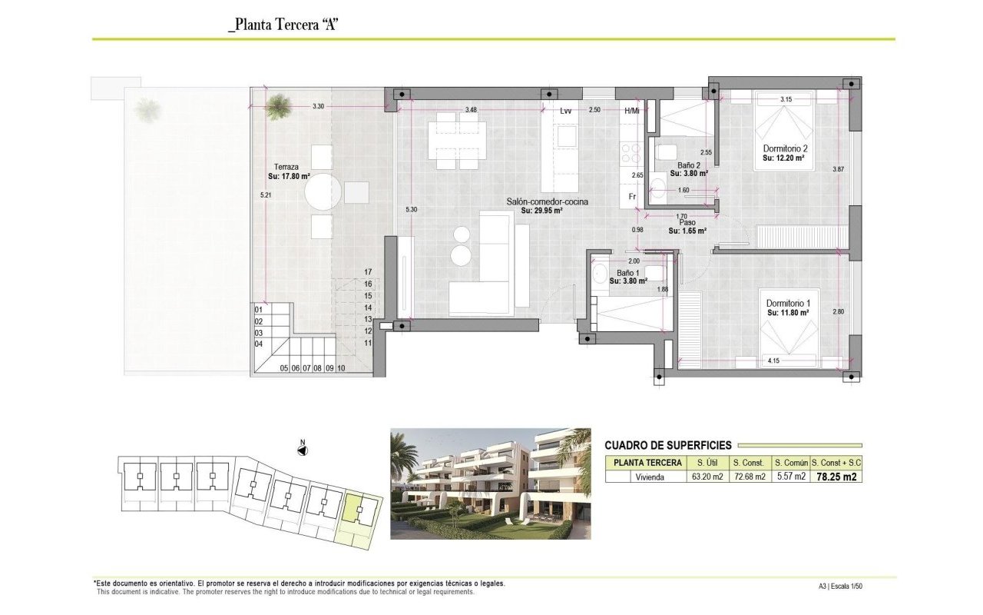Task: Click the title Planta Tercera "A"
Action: tap(283, 25)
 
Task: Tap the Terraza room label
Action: tap(286, 167)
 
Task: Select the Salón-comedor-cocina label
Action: tap(548, 202)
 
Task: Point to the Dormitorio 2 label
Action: tap(785, 149)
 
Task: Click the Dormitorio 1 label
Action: tap(788, 304)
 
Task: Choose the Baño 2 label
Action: tap(689, 165)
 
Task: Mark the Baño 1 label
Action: tap(628, 273)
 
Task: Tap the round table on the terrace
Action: tap(323, 192)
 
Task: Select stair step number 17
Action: tap(368, 272)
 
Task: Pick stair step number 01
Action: tap(259, 310)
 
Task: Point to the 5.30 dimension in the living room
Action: tap(411, 210)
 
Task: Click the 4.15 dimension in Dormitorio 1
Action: tap(773, 361)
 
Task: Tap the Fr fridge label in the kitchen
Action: tap(632, 197)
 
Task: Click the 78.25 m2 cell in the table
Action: tap(836, 477)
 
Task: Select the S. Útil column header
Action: tap(707, 463)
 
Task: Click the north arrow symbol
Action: tap(303, 450)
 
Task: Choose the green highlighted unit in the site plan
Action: tap(359, 510)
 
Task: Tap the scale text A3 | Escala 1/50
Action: tap(840, 586)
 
